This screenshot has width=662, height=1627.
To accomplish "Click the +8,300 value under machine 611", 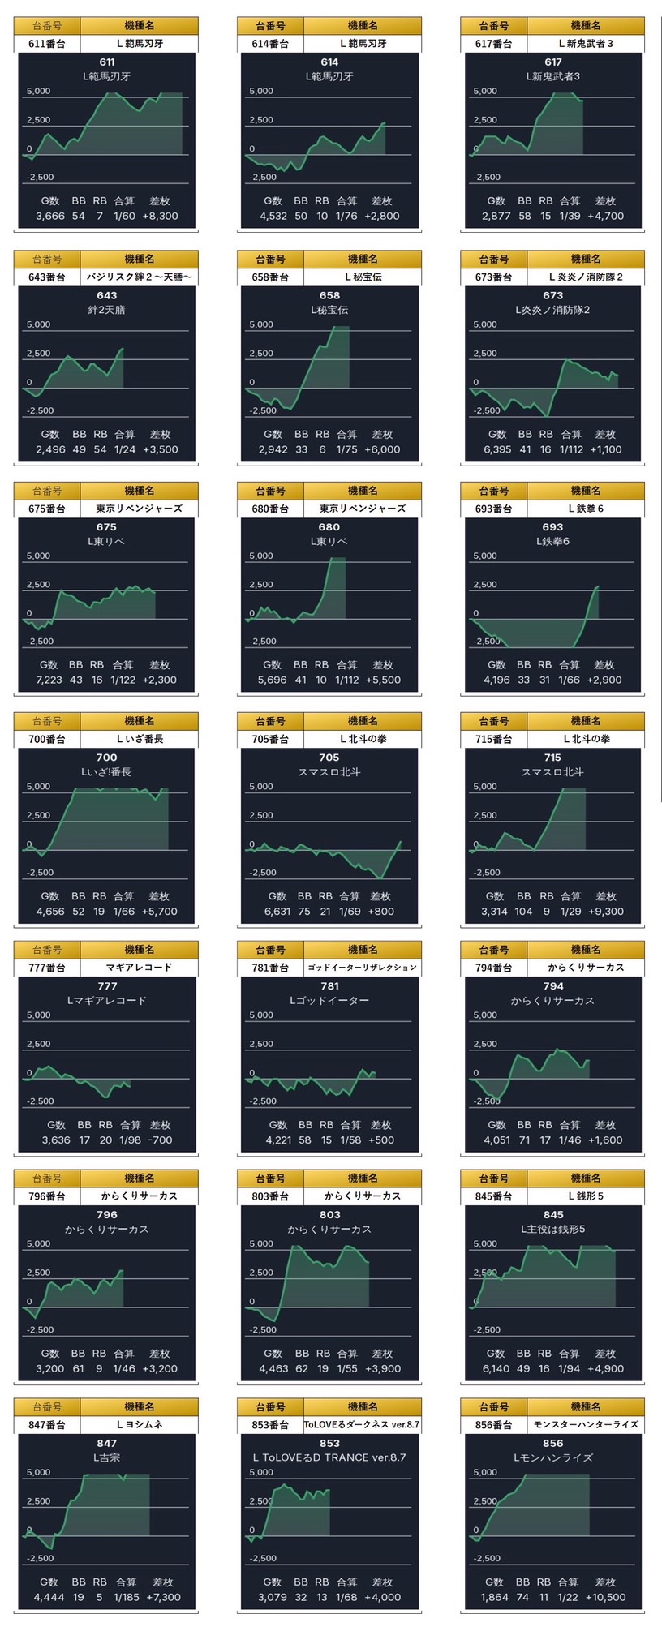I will click(160, 216).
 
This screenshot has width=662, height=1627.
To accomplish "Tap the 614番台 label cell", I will click(270, 44).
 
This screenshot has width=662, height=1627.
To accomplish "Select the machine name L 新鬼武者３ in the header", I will click(586, 44).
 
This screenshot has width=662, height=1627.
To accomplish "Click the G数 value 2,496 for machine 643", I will click(50, 449).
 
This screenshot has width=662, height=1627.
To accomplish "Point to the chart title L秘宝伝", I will click(329, 310).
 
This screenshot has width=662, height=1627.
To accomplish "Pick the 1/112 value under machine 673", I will click(571, 449).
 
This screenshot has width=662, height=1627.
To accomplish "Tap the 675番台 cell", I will click(47, 509).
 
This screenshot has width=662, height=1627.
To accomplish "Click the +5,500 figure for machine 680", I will click(383, 680).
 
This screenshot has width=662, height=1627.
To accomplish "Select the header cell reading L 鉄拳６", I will click(586, 509).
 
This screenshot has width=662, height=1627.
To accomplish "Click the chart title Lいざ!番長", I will click(106, 772).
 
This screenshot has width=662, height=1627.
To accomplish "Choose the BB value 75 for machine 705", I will click(304, 911).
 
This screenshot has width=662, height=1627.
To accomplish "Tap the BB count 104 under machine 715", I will click(524, 911).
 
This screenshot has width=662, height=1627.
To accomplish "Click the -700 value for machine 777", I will click(161, 1140).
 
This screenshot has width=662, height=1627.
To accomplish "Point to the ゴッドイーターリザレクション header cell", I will click(363, 968).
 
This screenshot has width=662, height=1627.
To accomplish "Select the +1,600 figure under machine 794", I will click(605, 1140).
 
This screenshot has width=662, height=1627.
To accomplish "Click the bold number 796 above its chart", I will click(106, 1214).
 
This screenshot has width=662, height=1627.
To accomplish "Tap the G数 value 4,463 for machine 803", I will click(274, 1368).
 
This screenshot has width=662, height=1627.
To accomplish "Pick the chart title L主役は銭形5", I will click(552, 1229).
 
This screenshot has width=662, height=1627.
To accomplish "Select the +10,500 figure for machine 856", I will click(605, 1597).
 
